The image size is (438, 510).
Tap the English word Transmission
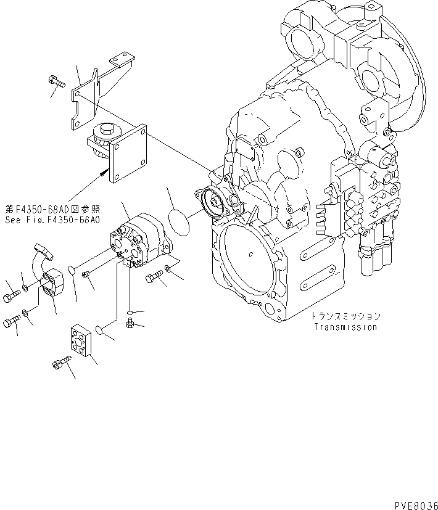345,327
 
